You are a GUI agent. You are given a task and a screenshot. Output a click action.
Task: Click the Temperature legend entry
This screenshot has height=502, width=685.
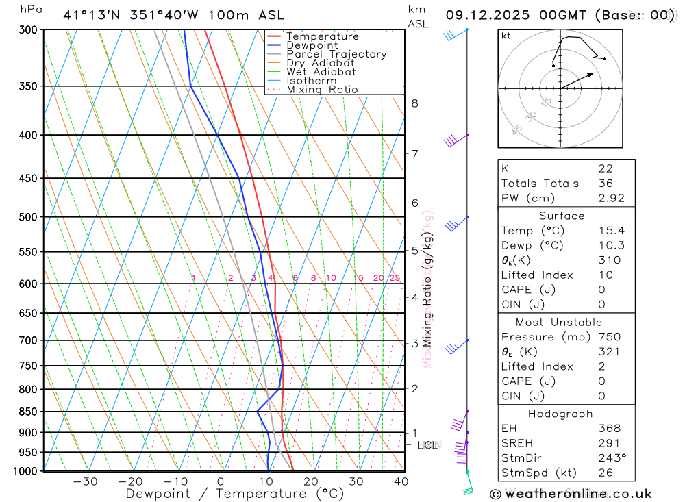322,36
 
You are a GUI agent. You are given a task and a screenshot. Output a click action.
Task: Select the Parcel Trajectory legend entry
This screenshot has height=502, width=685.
336,54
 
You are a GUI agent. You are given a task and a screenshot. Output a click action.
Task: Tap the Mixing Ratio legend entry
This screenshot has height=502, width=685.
322,90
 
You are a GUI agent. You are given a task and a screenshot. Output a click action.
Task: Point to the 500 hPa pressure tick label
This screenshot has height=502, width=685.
29,217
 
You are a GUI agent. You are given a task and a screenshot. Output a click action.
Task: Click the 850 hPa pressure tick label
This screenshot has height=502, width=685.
29,412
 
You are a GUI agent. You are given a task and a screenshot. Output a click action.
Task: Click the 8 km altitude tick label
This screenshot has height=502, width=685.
414,103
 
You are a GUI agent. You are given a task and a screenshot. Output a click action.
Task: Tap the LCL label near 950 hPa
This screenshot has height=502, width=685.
427,445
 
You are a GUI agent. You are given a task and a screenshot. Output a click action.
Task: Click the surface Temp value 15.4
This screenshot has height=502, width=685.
611,231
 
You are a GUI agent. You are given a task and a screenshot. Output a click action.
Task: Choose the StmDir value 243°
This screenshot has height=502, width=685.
611,458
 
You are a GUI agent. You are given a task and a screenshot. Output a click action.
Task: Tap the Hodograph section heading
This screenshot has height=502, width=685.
561,414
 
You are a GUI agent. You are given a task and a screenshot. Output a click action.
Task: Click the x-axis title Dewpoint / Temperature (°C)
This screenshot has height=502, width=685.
235,494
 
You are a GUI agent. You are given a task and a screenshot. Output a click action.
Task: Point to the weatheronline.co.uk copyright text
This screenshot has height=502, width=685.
571,494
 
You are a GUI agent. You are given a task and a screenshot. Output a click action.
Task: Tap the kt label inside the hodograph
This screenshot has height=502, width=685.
506,36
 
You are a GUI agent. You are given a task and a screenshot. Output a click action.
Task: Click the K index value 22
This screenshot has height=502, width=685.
606,168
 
